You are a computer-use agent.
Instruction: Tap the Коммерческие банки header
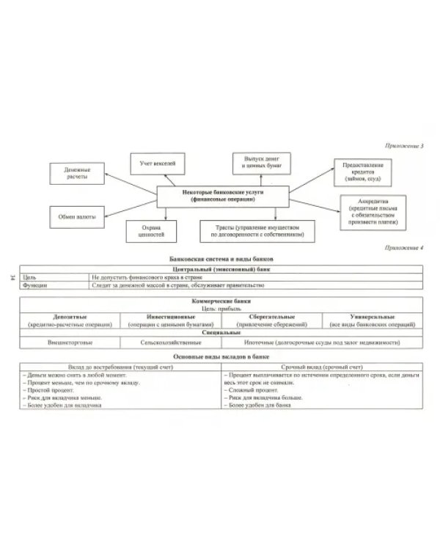[x=220, y=301]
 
